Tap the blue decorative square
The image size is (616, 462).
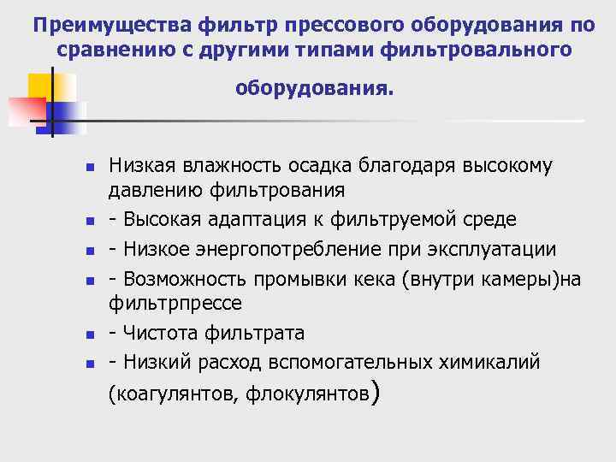coord(68,117)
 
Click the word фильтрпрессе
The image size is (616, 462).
coord(175,303)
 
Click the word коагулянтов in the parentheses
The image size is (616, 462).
coord(176,394)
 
